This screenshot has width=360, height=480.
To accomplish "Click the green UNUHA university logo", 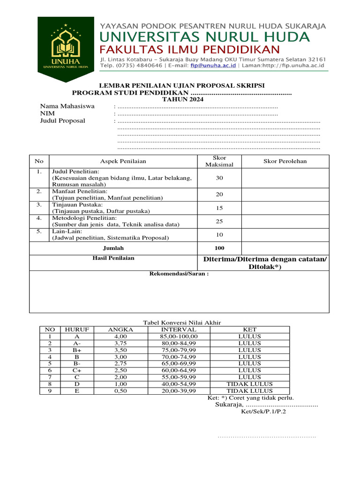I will coord(66,45).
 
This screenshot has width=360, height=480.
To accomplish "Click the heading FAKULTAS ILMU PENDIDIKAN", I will coord(190,50).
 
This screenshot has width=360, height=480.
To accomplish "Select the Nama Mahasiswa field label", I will coord(67,106).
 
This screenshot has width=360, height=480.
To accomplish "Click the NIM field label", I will coord(47,113).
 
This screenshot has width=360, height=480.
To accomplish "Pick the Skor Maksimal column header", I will coord(219,161).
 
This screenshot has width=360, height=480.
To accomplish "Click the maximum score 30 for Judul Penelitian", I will coord(219,178).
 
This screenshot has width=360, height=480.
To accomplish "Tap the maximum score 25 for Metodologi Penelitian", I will coord(219,221).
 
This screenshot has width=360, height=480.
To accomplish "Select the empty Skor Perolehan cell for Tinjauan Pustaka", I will coord(285,208).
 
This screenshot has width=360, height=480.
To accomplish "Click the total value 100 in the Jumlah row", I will coord(219,248).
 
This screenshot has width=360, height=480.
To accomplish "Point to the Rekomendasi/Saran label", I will coord(179,274).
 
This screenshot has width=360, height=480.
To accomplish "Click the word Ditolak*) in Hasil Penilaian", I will coord(265,267).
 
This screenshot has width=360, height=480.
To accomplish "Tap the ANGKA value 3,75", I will coord(120,343).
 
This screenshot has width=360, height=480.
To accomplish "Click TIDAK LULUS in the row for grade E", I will coord(249,390).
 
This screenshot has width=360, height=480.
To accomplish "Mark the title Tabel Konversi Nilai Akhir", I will coord(181,322).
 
